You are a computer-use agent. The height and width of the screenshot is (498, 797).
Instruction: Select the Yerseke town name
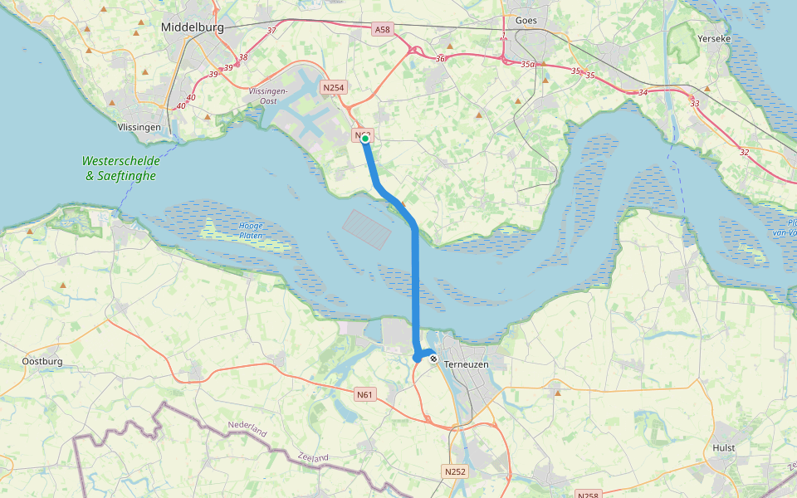pyautogui.click(x=714, y=39)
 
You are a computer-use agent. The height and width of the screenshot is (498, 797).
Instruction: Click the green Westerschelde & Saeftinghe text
pyautogui.click(x=120, y=168)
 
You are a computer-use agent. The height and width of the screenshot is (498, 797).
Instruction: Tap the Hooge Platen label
pyautogui.click(x=250, y=231)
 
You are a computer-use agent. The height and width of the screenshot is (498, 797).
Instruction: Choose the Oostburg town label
pyautogui.click(x=42, y=361)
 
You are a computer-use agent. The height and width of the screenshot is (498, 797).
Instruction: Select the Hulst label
pyautogui.click(x=724, y=447)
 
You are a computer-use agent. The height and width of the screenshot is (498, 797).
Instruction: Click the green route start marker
pyautogui.click(x=364, y=139)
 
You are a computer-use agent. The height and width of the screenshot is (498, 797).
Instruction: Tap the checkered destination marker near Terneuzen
pyautogui.click(x=433, y=359)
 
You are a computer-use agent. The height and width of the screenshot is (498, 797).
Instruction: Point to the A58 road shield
pyautogui.click(x=381, y=29)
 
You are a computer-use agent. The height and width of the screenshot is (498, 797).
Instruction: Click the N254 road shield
pyautogui.click(x=334, y=87)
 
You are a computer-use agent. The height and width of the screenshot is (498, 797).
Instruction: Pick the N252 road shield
pyautogui.click(x=454, y=471)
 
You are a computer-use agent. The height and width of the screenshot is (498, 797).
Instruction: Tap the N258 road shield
pyautogui.click(x=588, y=494)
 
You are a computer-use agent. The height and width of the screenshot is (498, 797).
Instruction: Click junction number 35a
pyautogui.click(x=529, y=64)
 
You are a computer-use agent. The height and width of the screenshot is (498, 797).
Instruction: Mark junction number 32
pyautogui.click(x=744, y=152)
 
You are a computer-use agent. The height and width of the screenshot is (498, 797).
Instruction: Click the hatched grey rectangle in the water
pyautogui.click(x=366, y=230)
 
